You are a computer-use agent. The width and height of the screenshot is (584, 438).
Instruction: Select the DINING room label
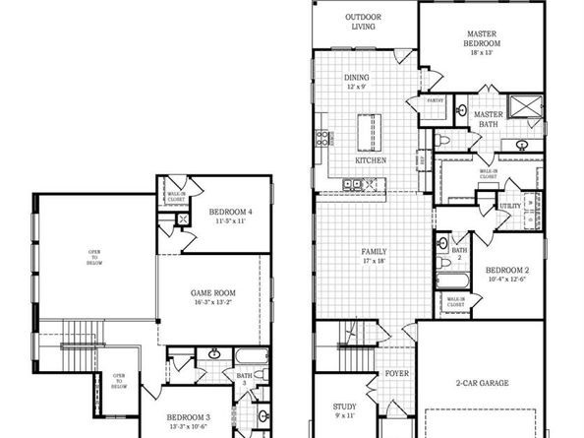(x=356, y=78)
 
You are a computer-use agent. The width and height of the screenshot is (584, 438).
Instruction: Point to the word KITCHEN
(x=371, y=159)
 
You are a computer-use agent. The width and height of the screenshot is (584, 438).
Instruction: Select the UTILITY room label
(x=510, y=206)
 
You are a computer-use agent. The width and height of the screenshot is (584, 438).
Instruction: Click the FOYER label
(x=396, y=374)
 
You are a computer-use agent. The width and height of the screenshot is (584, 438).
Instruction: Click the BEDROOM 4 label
(x=231, y=211)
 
